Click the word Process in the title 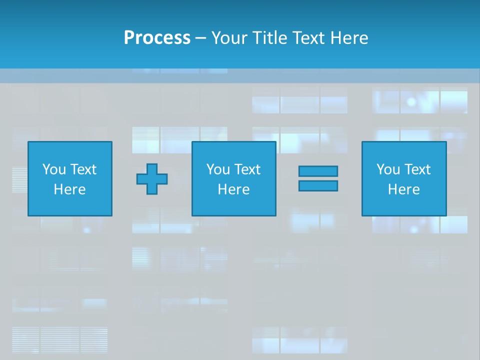pyautogui.click(x=157, y=37)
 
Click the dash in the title pyautogui.click(x=201, y=38)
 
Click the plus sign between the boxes pyautogui.click(x=152, y=179)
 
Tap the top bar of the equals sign pyautogui.click(x=318, y=171)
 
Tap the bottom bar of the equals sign pyautogui.click(x=318, y=185)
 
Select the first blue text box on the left pyautogui.click(x=70, y=150)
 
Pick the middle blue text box pyautogui.click(x=234, y=150)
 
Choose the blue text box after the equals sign pyautogui.click(x=404, y=150)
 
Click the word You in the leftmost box pyautogui.click(x=54, y=169)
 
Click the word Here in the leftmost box pyautogui.click(x=70, y=189)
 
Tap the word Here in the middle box pyautogui.click(x=234, y=189)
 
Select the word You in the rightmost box pyautogui.click(x=388, y=169)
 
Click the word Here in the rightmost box pyautogui.click(x=404, y=189)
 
